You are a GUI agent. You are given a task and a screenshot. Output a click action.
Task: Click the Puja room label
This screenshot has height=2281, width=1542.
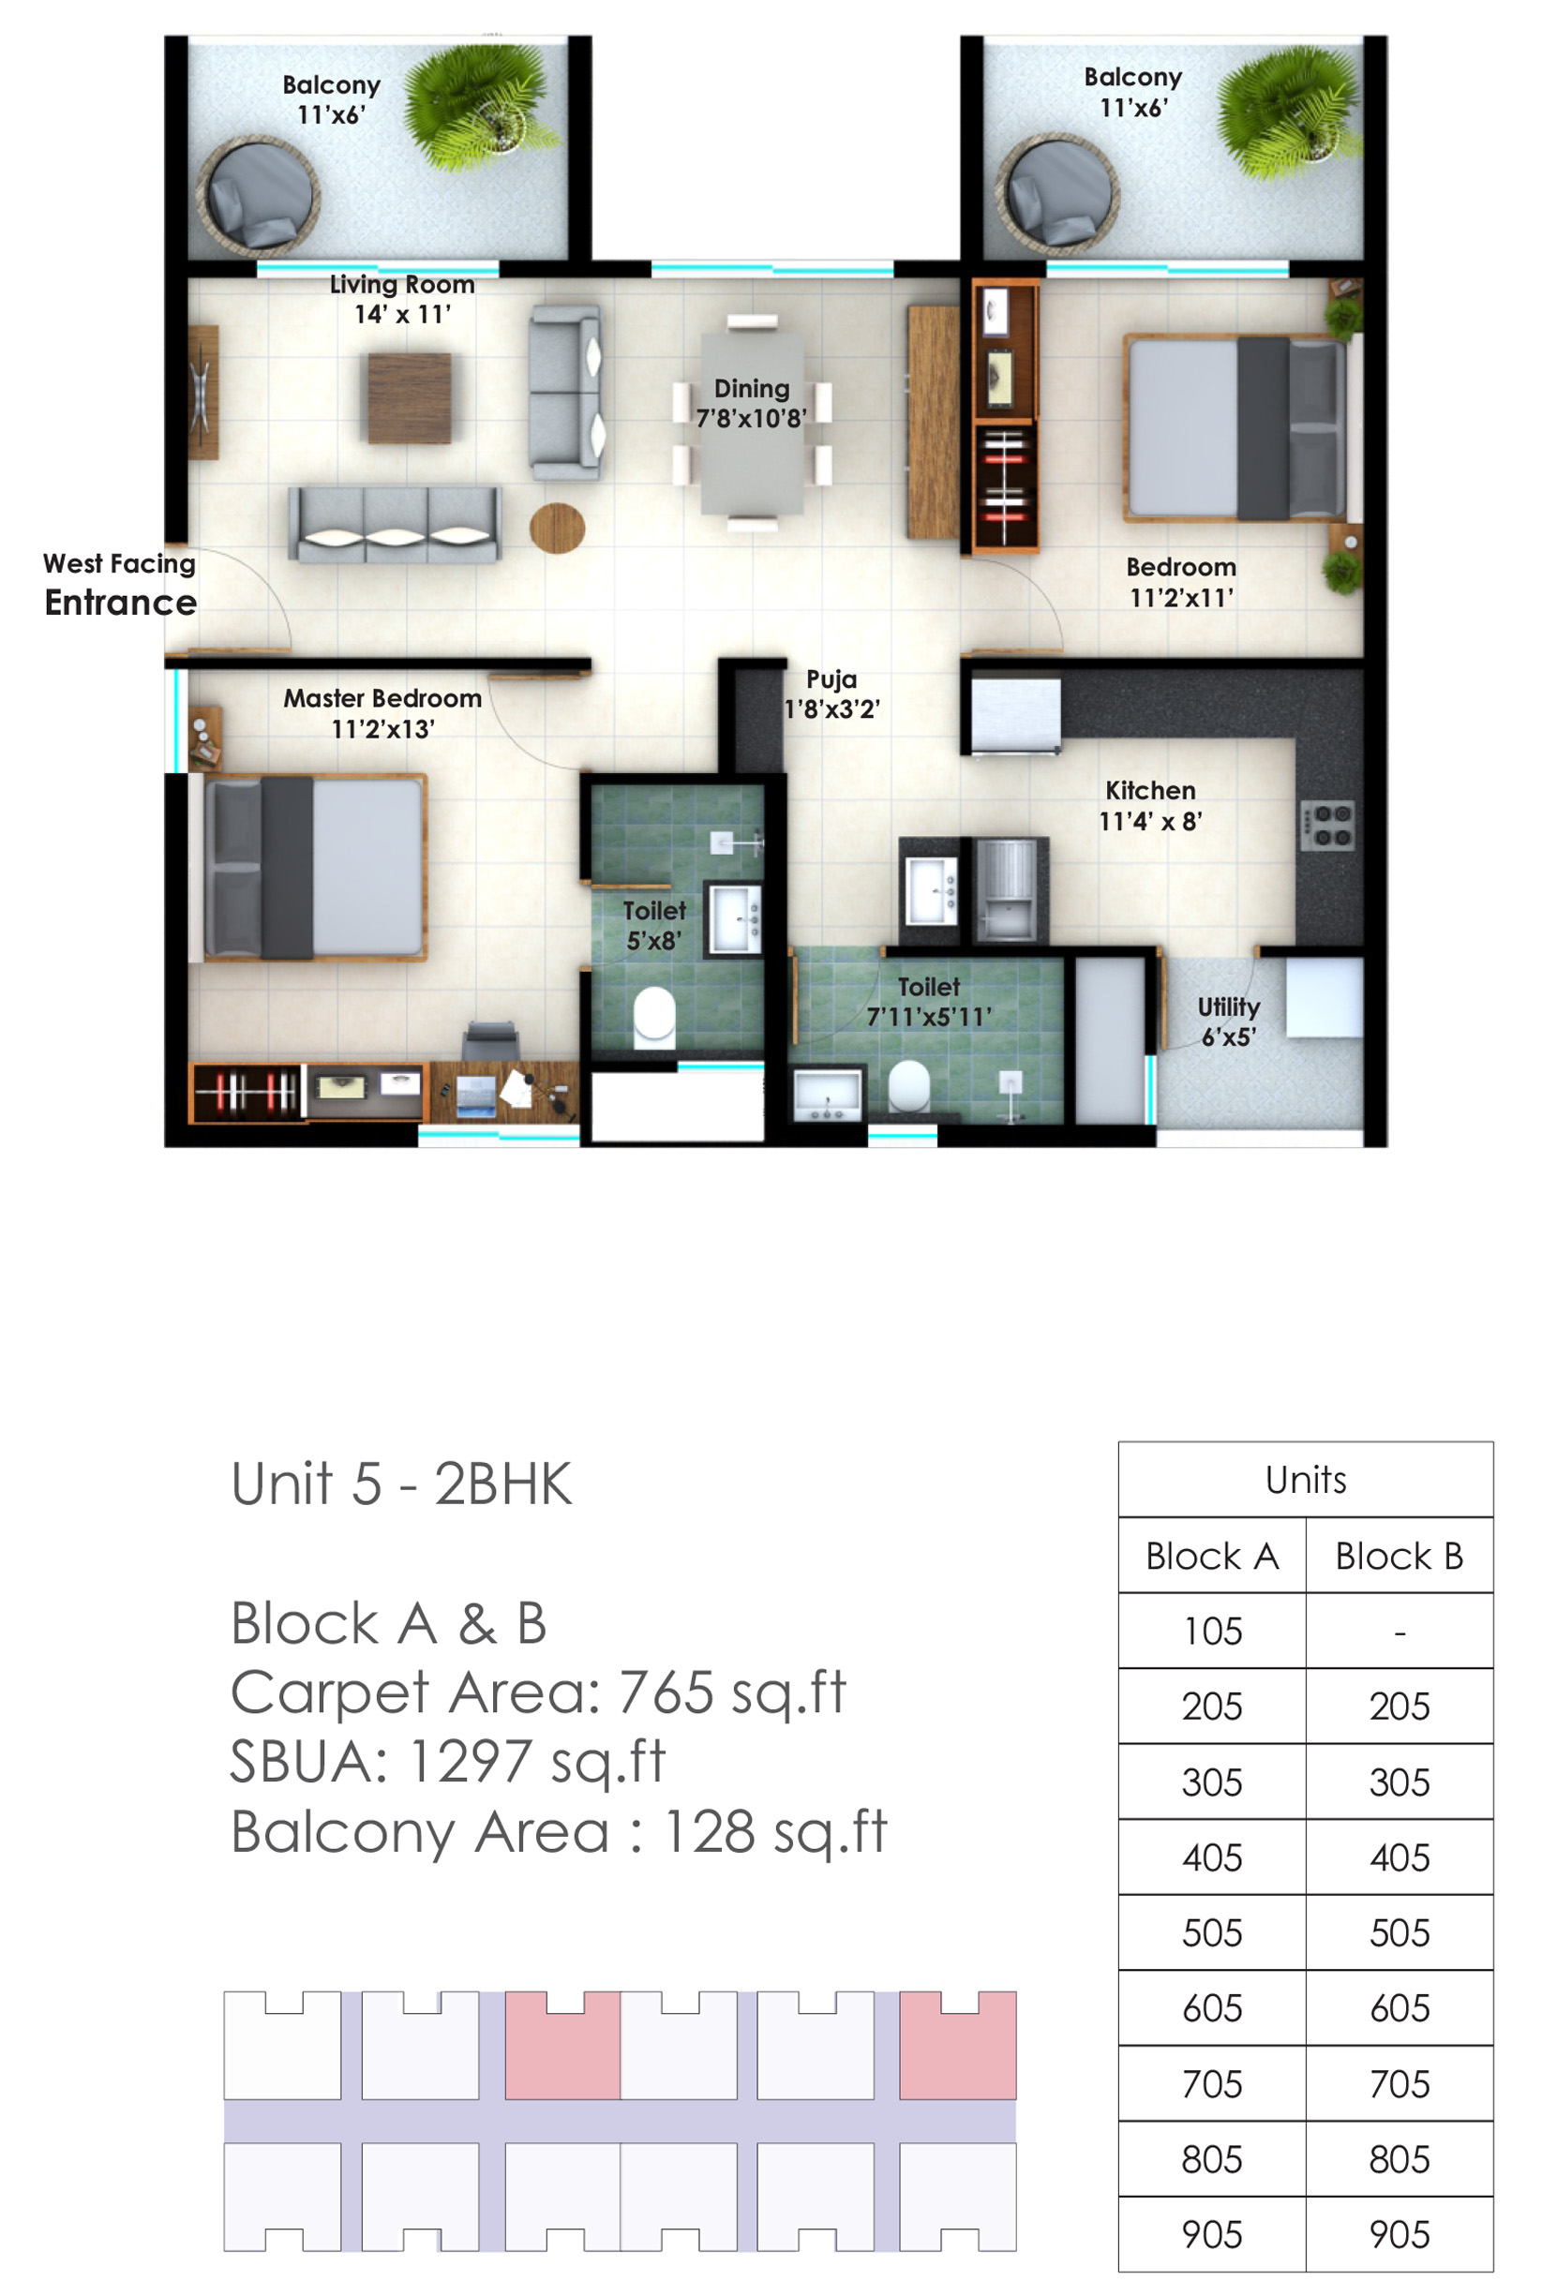[x=831, y=678]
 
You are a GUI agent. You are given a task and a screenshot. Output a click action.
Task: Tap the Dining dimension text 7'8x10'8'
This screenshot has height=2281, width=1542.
[x=751, y=419]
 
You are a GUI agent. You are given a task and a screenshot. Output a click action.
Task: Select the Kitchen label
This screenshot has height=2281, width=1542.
[x=1149, y=790]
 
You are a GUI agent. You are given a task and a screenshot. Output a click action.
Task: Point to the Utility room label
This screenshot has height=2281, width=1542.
[x=1227, y=1006]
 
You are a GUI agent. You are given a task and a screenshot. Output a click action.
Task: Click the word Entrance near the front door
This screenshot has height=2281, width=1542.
[x=120, y=602]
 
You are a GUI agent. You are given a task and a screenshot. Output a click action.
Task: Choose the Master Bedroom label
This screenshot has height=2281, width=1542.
[x=382, y=698]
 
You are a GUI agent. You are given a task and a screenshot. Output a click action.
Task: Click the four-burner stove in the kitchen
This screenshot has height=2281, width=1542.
[x=1327, y=825]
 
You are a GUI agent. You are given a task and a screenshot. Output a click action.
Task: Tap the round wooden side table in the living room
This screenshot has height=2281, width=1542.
[x=557, y=528]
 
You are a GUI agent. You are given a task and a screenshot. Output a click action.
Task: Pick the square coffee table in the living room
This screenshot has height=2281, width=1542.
[x=410, y=397]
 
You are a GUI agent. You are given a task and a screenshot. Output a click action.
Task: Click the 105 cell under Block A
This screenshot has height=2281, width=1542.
[x=1212, y=1632]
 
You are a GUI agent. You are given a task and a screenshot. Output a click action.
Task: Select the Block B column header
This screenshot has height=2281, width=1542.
[x=1399, y=1556]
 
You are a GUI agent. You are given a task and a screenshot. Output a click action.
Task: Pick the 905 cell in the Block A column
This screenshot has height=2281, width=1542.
[x=1212, y=2235]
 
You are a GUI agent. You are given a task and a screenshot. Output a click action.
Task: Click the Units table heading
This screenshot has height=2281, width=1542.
[x=1306, y=1479]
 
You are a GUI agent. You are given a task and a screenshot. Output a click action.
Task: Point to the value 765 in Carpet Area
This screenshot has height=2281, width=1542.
[x=666, y=1692]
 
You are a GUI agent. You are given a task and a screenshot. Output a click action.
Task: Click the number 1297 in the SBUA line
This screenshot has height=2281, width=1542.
[x=467, y=1761]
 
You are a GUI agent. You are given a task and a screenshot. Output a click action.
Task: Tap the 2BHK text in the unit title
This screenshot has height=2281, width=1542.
[x=502, y=1483]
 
